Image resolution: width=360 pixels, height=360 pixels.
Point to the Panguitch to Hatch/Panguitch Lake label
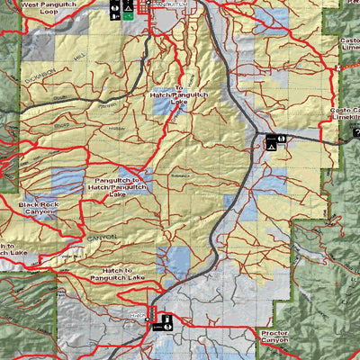coord(117,186)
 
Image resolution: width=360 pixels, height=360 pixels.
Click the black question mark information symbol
coord(354,132)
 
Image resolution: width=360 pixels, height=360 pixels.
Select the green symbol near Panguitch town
coord(129,13)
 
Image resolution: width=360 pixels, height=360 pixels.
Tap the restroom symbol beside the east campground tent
coord(282,141)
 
